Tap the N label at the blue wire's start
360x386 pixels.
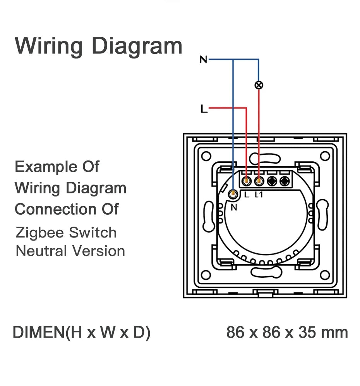(204, 60)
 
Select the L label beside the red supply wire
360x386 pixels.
(204, 109)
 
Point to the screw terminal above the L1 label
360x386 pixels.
(258, 180)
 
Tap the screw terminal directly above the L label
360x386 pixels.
(246, 180)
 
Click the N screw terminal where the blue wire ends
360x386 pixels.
(233, 195)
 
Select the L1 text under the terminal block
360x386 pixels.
(259, 195)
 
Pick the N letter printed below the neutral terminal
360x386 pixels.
(233, 207)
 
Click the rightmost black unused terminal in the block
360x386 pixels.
(285, 180)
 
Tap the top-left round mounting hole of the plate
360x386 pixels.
(206, 155)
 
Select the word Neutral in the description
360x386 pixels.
(41, 251)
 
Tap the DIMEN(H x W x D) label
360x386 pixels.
(82, 333)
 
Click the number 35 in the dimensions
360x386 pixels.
(308, 333)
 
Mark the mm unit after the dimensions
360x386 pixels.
(337, 333)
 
